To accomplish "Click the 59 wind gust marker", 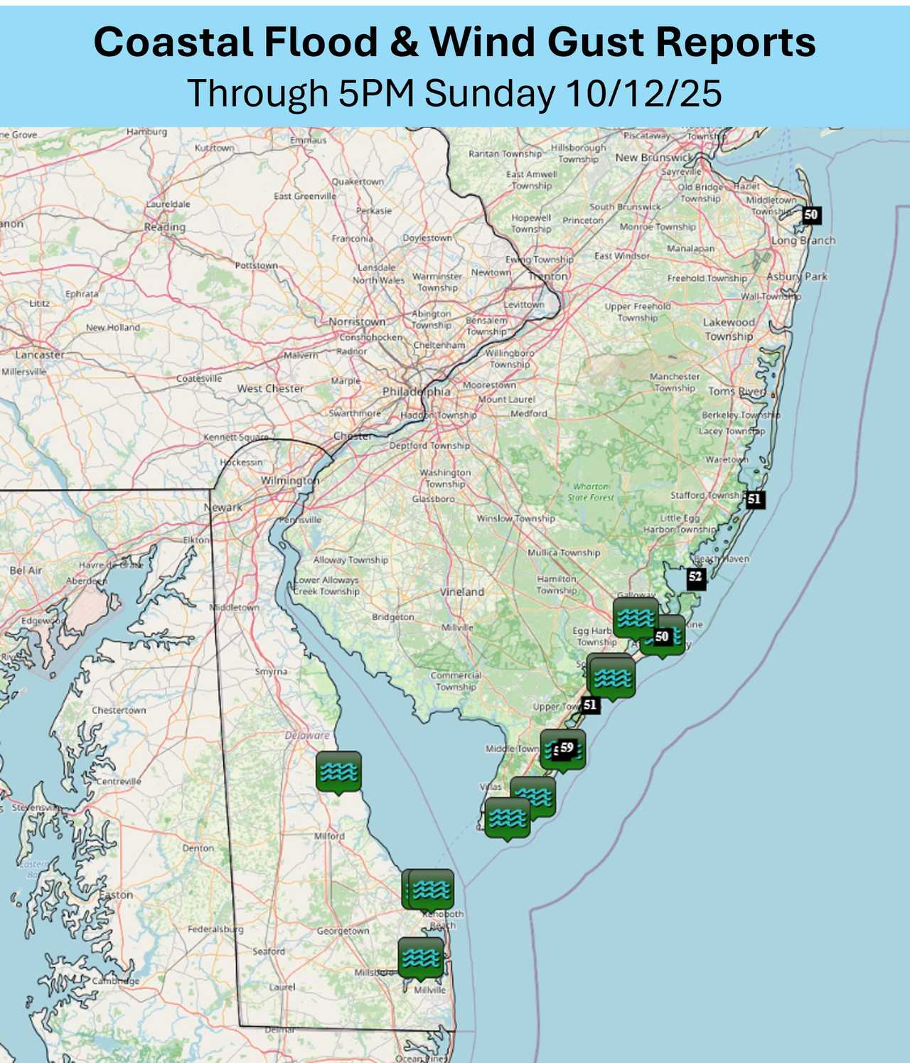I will coord(567,747).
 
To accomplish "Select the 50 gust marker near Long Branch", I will coord(810,214).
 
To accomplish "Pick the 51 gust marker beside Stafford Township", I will coord(754,499).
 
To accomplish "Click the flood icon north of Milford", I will coord(338,771).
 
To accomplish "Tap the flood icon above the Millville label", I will coord(421,957).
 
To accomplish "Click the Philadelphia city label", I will coord(417,392).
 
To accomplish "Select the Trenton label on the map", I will coord(548,276).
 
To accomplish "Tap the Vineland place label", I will coord(462,592).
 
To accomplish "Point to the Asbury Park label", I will coord(797,277).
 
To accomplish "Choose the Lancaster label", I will coord(40,354).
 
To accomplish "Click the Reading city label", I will coord(164,227).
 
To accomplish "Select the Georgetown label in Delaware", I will coord(343,931).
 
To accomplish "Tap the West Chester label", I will coord(270,389).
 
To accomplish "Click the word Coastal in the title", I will coord(173,43).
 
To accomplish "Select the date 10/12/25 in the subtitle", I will coord(644,93).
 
